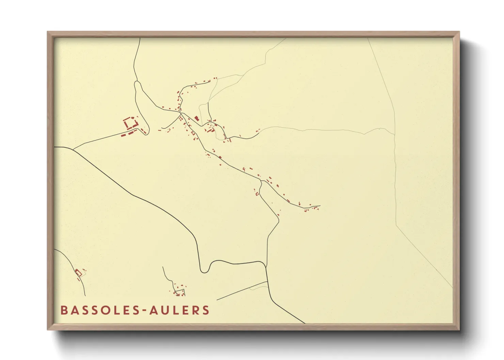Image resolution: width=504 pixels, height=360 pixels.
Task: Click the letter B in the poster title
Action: pyautogui.click(x=64, y=310)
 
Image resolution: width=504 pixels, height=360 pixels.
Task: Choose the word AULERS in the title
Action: pyautogui.click(x=179, y=310)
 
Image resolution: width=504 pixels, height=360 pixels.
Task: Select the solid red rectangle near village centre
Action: pyautogui.click(x=196, y=118)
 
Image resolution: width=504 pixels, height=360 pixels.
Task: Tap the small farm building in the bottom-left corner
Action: pyautogui.click(x=79, y=273)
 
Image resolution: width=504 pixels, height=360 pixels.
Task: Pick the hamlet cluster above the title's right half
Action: pyautogui.click(x=179, y=290)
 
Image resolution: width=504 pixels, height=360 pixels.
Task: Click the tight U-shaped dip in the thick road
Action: pyautogui.click(x=204, y=271)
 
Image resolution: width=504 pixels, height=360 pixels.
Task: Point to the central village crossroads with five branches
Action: pyautogui.click(x=181, y=113)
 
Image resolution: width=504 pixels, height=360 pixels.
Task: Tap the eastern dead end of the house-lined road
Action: pyautogui.click(x=320, y=206)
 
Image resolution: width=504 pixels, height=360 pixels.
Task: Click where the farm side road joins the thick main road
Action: pyautogui.click(x=73, y=150)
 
